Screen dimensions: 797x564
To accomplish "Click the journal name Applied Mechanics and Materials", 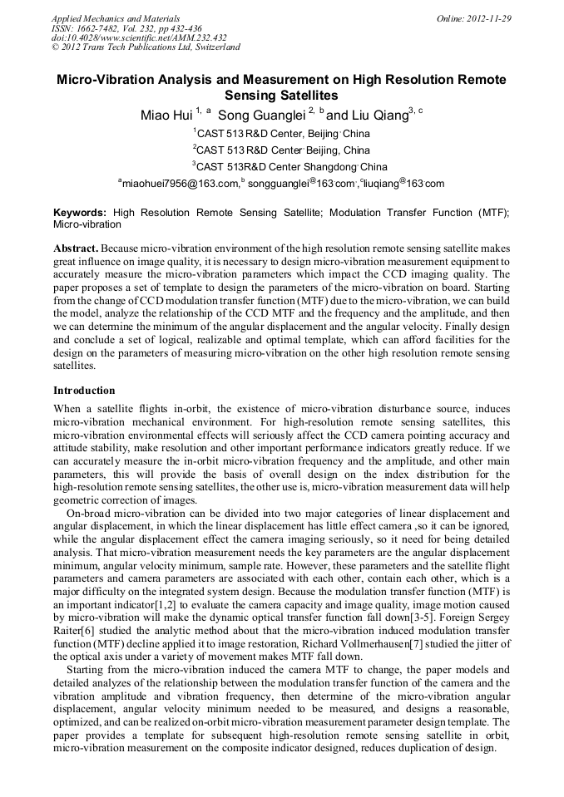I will coord(116,17).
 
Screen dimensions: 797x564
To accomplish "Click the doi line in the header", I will coord(138,37).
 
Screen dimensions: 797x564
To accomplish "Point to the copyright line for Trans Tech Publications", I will coord(146,47).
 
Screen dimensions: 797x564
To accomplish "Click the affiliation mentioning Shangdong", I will coord(280,167).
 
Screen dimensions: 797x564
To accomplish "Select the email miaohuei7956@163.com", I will coord(178,184).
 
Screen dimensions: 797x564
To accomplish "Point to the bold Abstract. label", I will coord(76,248).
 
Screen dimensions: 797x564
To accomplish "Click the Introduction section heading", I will coord(84,390).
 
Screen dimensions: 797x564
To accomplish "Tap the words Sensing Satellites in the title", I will coord(281,96).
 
